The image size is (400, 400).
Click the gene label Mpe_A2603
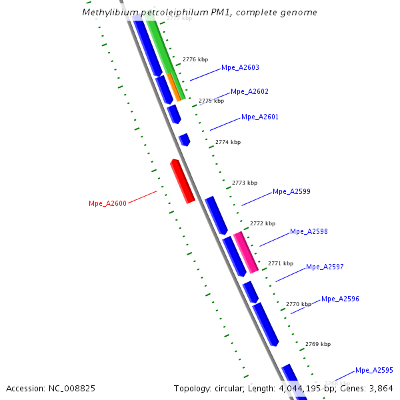(x=240, y=67)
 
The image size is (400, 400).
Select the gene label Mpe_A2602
(x=249, y=91)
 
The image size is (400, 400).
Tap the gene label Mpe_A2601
(x=260, y=117)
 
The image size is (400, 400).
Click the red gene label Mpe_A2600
(x=107, y=203)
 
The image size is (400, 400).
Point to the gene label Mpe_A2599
(x=291, y=191)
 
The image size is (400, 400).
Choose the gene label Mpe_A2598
(x=309, y=231)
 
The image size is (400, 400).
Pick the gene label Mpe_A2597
(x=325, y=267)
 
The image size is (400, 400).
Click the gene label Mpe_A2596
(x=340, y=299)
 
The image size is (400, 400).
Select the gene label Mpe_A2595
(x=374, y=370)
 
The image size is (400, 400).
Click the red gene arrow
(x=182, y=181)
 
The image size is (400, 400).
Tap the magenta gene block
(x=245, y=251)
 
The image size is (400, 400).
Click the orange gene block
(x=174, y=87)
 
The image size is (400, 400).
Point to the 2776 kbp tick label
(x=195, y=59)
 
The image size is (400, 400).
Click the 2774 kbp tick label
(x=228, y=142)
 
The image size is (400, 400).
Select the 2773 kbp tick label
(x=245, y=183)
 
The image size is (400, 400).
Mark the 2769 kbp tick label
(x=318, y=344)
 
